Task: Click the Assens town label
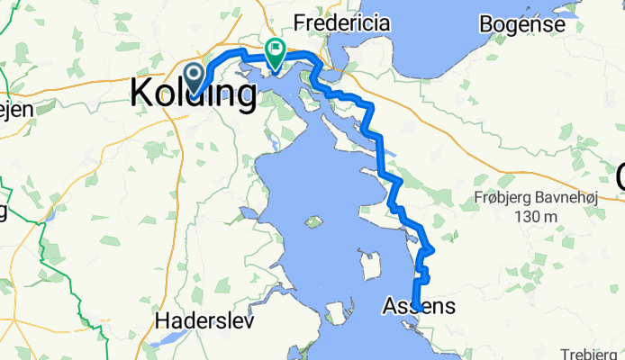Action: pos(419,307)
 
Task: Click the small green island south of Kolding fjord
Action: pos(313,221)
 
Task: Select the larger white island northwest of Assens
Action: pos(369,266)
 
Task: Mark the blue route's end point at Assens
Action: pos(417,309)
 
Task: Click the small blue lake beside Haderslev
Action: pos(169,340)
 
